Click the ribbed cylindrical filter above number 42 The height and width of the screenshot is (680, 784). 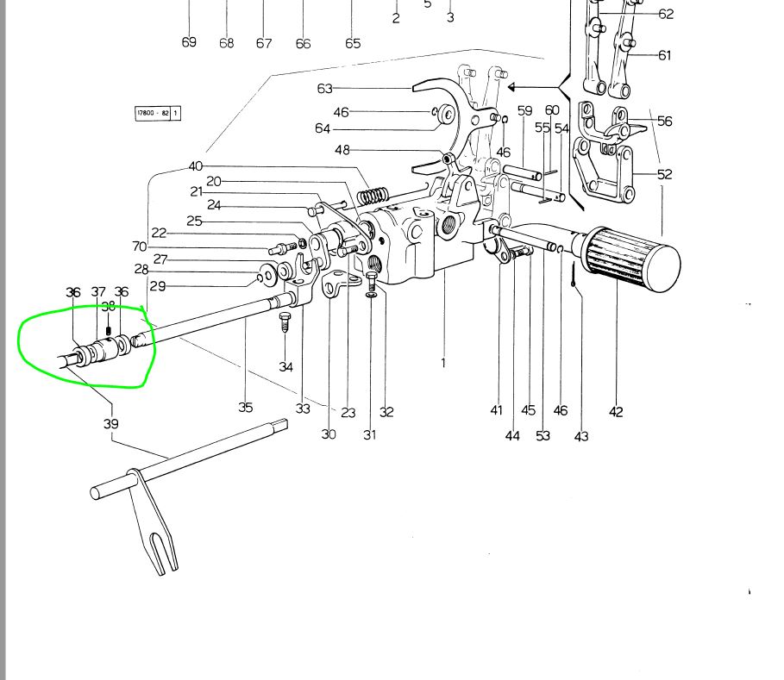tap(633, 259)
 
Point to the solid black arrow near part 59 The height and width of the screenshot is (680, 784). tap(512, 87)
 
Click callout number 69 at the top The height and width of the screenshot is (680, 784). tap(189, 42)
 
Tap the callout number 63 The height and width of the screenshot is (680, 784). tap(324, 88)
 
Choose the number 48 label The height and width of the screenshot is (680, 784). tap(342, 150)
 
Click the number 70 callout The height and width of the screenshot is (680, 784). tap(141, 247)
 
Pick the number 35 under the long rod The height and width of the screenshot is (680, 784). tap(246, 407)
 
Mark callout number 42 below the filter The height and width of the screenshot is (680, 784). tap(616, 412)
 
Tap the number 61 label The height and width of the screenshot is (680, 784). tap(664, 55)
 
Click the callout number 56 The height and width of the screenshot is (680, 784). tap(664, 122)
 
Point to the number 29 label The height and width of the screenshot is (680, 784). tap(157, 286)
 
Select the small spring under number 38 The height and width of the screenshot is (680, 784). tap(108, 329)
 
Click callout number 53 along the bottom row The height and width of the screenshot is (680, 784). tap(543, 435)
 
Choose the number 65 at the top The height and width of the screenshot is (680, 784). tap(353, 43)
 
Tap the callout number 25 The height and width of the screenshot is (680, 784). tap(194, 221)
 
